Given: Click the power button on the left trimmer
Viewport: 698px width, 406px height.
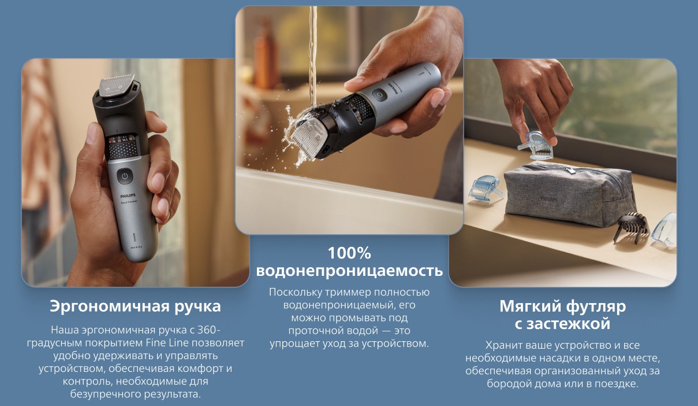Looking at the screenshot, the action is [125, 176].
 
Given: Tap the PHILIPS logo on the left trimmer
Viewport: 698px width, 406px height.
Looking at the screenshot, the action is [128, 195].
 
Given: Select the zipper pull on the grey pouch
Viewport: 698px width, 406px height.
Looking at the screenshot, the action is [569, 170].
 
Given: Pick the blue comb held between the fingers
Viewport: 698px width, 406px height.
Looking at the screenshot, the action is [536, 145].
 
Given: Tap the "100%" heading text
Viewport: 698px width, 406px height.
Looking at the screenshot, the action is [349, 253].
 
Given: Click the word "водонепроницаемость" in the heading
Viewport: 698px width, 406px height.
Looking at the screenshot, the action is [349, 271].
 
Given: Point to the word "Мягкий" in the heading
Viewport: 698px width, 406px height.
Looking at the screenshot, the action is [530, 307].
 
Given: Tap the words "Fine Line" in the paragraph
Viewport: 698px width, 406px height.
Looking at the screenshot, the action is [167, 342].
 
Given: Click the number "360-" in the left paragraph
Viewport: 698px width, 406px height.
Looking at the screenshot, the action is [210, 330].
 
